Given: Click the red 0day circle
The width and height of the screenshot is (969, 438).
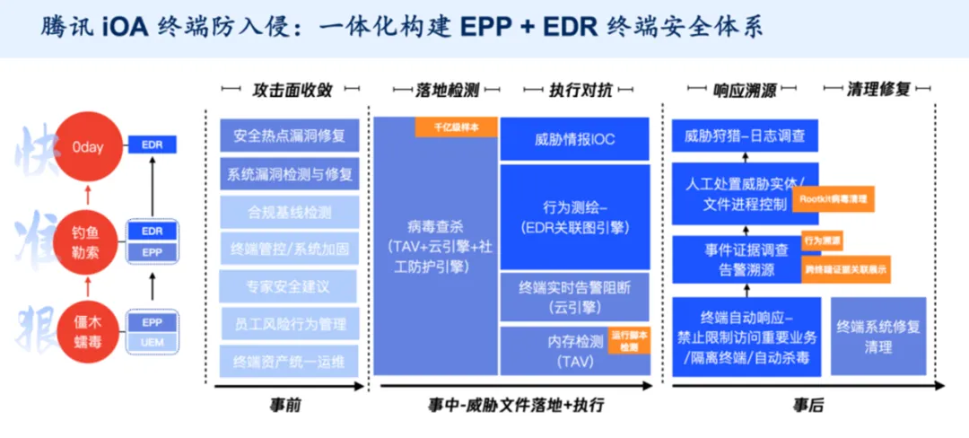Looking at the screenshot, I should (x=87, y=145).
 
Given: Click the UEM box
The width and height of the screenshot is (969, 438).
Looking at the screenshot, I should (x=152, y=342).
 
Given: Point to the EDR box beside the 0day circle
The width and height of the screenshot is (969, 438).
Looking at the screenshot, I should (x=152, y=145).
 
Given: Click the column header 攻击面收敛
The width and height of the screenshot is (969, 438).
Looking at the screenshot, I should (x=292, y=90).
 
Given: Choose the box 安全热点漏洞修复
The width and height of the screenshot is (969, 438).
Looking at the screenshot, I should (x=289, y=136).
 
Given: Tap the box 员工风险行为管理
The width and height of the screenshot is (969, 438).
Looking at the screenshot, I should (x=289, y=324).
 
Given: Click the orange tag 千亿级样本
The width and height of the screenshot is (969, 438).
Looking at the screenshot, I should (x=456, y=127).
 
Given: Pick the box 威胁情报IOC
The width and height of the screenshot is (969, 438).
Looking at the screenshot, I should (x=574, y=139).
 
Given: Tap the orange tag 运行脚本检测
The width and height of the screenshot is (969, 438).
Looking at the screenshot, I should (x=629, y=340).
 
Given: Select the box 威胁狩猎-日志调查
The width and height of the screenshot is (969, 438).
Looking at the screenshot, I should (x=745, y=136).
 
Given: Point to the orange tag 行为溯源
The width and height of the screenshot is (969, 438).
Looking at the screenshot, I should (x=822, y=241).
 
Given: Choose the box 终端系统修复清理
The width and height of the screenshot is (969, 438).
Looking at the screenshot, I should (x=877, y=337).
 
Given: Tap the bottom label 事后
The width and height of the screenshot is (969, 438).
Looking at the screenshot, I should (x=807, y=406).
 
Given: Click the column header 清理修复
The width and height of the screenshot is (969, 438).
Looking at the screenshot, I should (x=878, y=90).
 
